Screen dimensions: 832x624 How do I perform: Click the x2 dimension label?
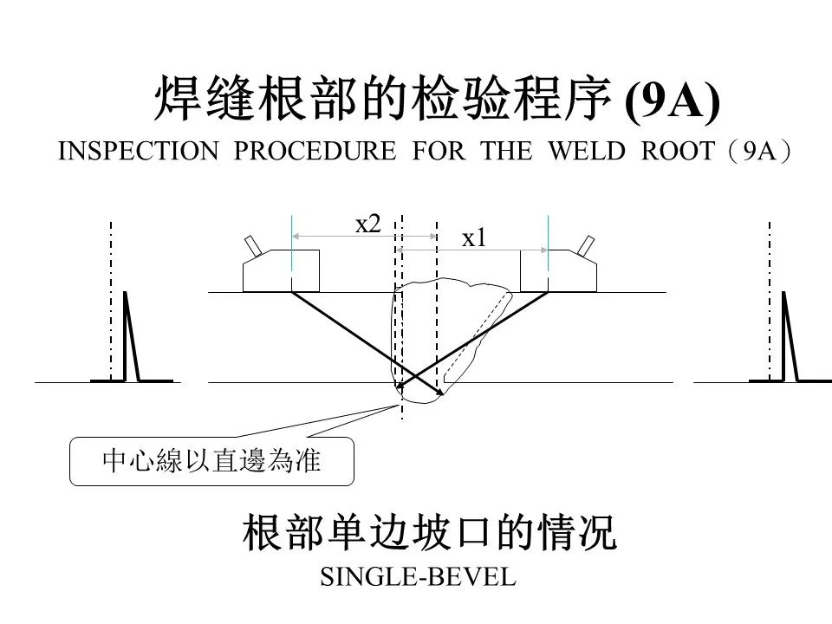click(368, 224)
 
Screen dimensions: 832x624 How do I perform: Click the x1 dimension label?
click(474, 238)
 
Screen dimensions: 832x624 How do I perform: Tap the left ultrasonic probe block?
click(281, 270)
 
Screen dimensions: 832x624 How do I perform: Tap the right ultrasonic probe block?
click(558, 270)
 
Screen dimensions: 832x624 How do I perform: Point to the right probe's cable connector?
click(587, 245)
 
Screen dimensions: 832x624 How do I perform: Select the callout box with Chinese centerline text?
click(211, 461)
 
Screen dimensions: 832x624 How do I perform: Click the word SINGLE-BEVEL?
click(418, 577)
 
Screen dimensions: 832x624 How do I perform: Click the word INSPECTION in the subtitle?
click(139, 151)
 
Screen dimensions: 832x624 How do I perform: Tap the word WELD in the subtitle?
click(587, 151)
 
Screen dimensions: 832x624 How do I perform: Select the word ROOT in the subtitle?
click(678, 151)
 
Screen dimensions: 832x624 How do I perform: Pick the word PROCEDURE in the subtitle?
click(315, 151)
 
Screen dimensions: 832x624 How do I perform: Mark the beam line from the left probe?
click(367, 343)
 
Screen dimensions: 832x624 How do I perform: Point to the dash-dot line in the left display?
click(111, 302)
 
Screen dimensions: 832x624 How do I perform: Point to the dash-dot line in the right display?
click(770, 302)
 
